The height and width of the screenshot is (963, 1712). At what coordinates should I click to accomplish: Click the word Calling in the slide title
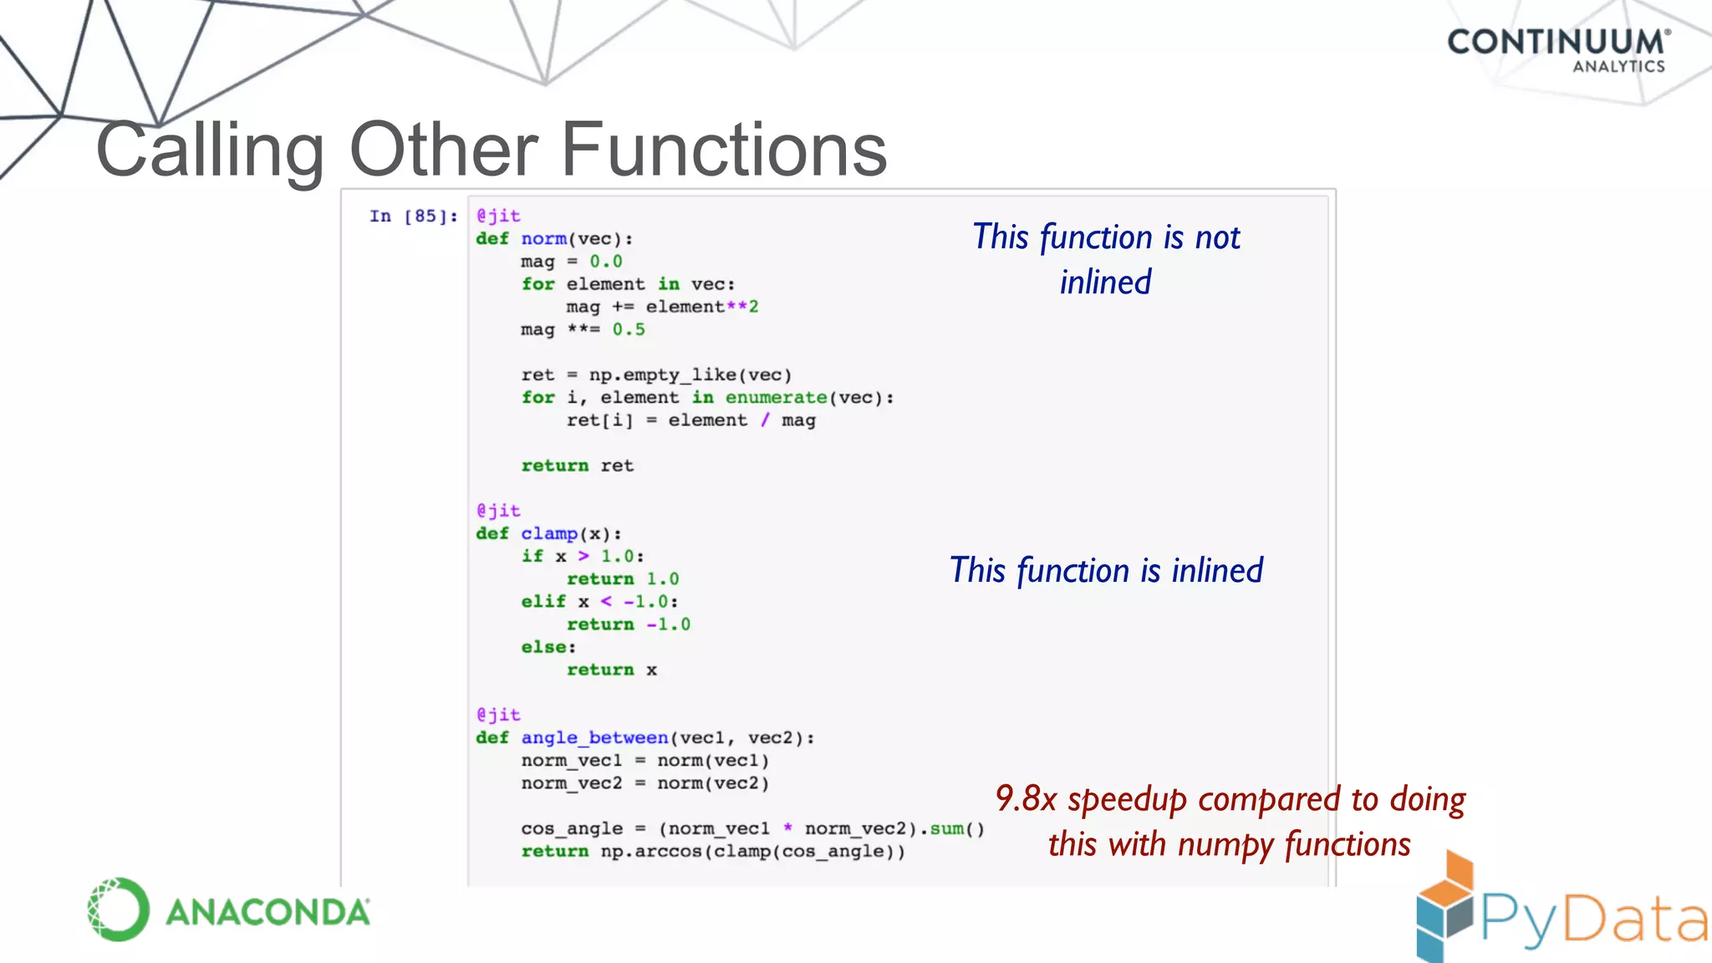click(210, 150)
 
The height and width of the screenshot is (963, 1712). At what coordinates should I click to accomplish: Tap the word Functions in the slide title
click(723, 150)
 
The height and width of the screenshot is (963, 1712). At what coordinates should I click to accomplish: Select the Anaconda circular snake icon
click(118, 909)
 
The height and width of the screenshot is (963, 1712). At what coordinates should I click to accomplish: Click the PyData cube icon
click(1444, 906)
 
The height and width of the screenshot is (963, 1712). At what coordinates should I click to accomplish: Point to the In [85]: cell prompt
click(413, 217)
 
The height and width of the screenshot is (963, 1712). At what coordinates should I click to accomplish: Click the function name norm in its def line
click(543, 239)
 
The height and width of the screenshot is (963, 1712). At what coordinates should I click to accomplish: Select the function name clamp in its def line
click(549, 533)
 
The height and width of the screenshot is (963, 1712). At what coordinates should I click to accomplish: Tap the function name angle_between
click(594, 737)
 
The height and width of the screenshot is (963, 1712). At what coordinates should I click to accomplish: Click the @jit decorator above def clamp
click(498, 510)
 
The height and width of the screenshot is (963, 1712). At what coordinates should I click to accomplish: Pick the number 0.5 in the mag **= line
click(629, 329)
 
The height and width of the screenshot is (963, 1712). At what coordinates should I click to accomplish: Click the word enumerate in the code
click(776, 398)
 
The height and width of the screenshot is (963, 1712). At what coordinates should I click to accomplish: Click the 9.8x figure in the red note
click(1026, 799)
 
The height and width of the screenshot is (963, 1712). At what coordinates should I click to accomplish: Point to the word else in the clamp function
click(544, 647)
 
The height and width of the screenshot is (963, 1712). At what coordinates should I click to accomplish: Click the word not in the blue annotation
click(1217, 237)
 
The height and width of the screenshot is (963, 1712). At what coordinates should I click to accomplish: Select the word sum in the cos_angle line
click(946, 828)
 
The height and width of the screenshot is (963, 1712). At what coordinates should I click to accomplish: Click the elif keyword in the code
click(543, 602)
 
